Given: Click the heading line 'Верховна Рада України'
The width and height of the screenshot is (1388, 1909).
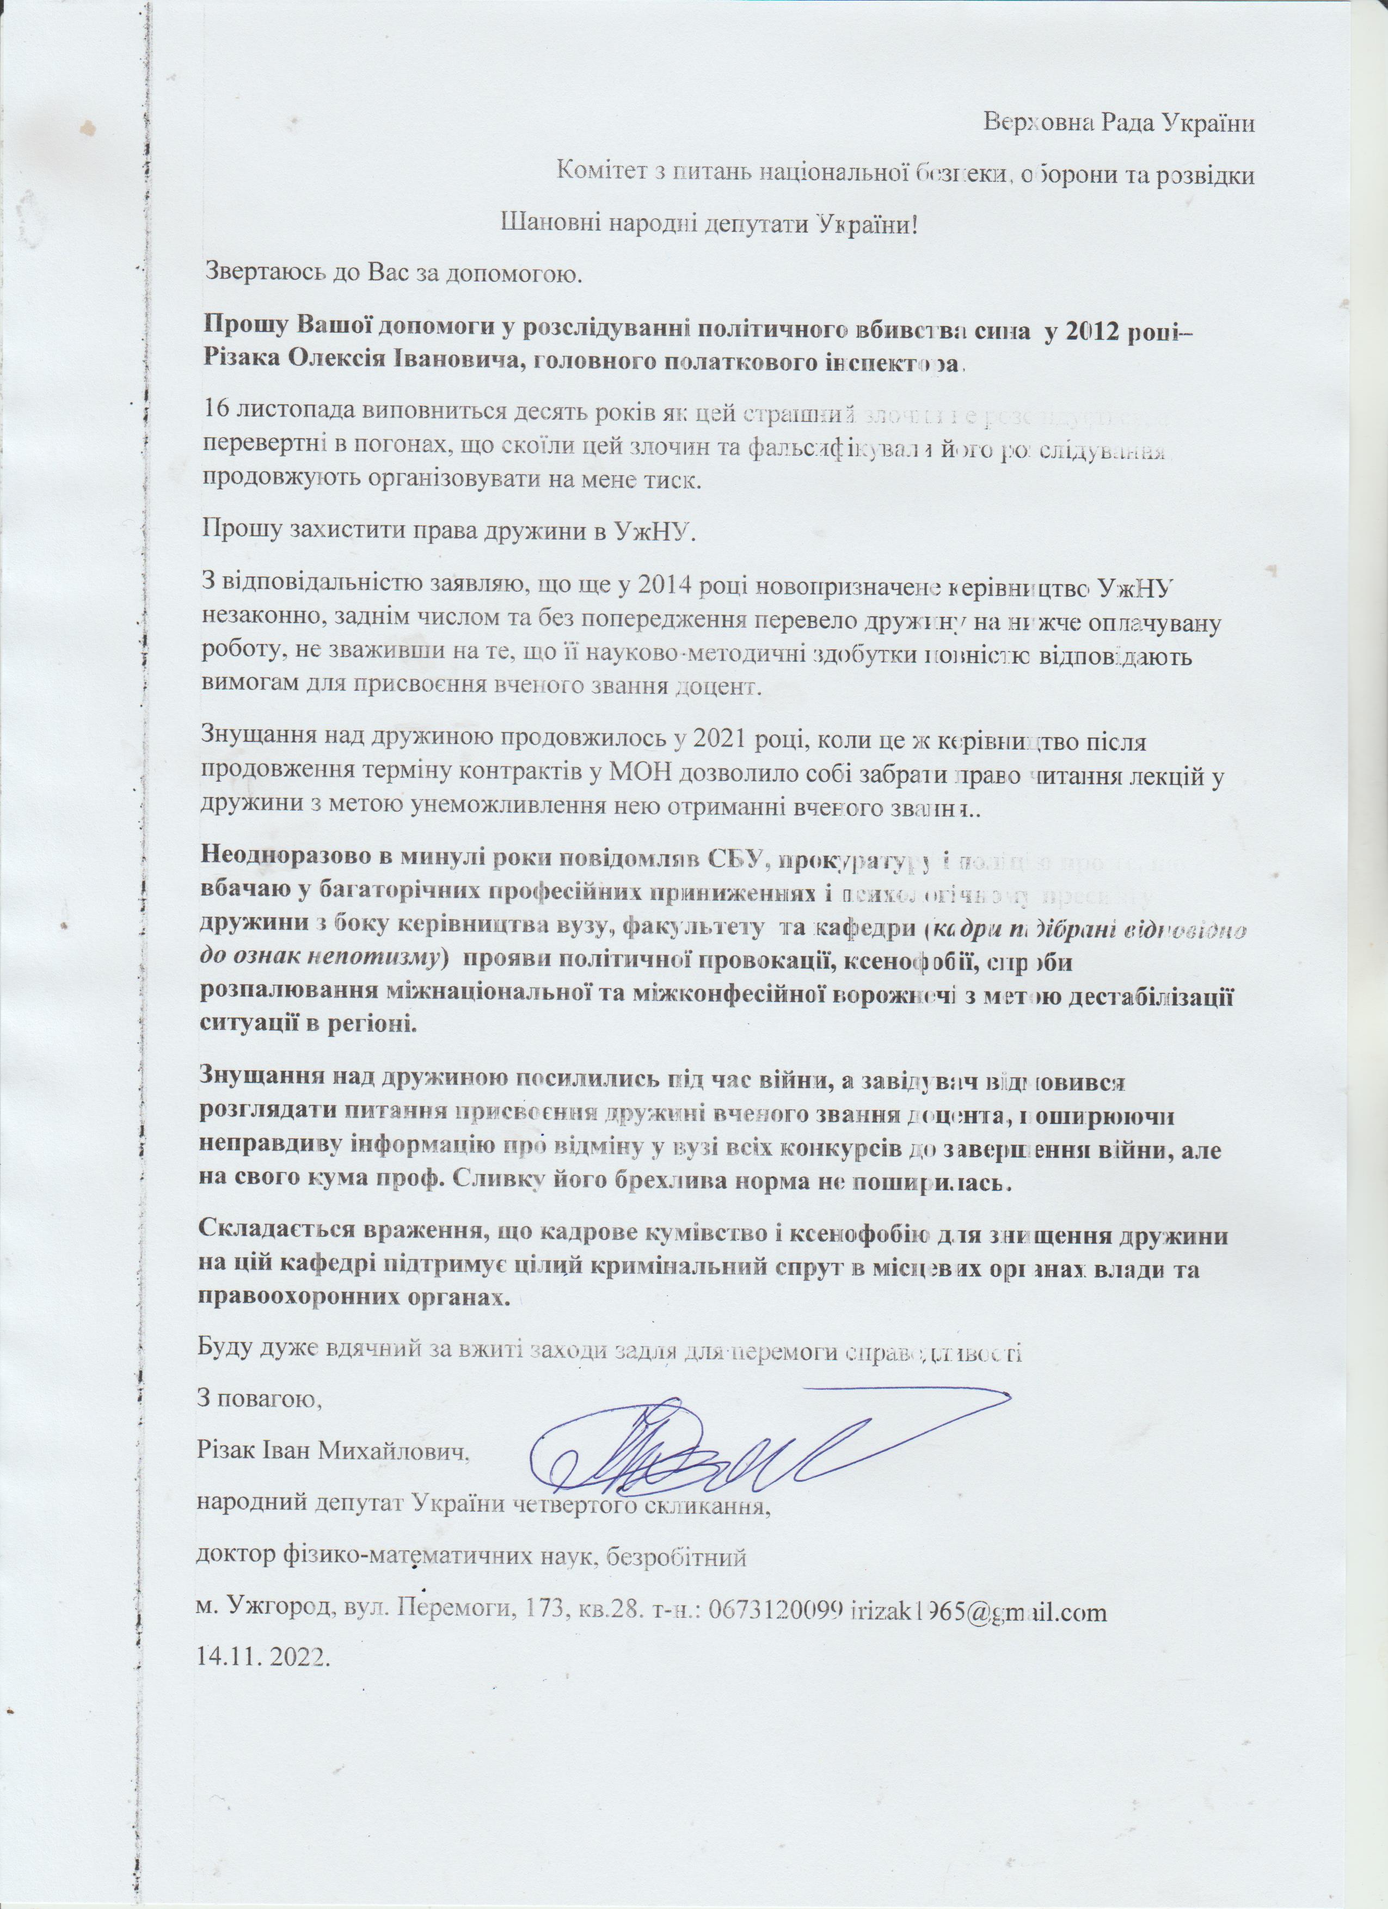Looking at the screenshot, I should tap(1120, 123).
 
